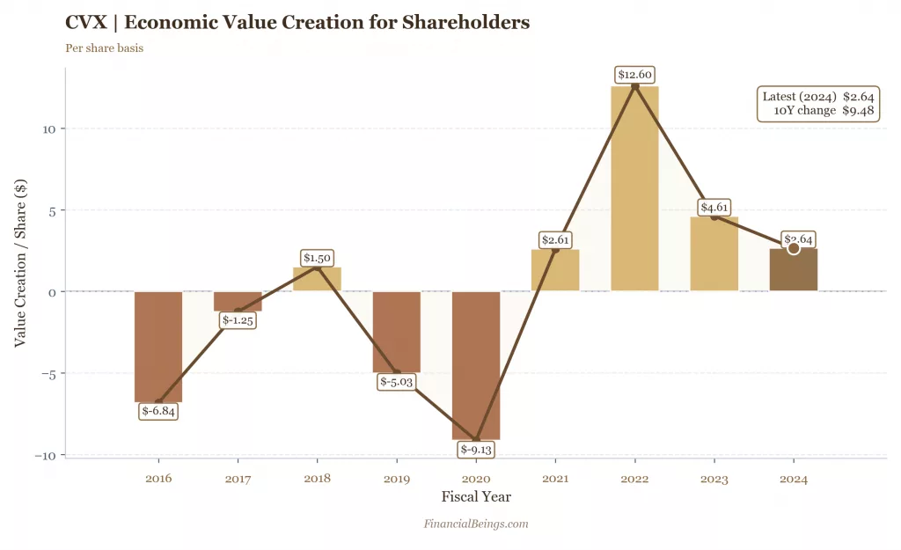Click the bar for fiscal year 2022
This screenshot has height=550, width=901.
(634, 188)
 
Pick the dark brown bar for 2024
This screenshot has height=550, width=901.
(794, 270)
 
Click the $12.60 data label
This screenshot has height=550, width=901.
(634, 75)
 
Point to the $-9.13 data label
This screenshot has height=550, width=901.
(476, 450)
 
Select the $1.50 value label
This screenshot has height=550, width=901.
(317, 258)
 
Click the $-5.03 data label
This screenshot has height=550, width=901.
(397, 382)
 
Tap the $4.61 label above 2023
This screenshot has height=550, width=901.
(714, 208)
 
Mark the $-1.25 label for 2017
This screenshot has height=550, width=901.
(238, 320)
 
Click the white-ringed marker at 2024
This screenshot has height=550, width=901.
(794, 249)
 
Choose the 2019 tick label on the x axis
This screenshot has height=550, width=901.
(397, 480)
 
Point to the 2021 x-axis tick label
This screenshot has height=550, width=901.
(555, 480)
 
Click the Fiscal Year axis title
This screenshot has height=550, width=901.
(476, 497)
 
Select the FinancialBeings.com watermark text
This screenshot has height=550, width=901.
(476, 524)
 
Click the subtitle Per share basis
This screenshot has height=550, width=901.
(105, 48)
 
